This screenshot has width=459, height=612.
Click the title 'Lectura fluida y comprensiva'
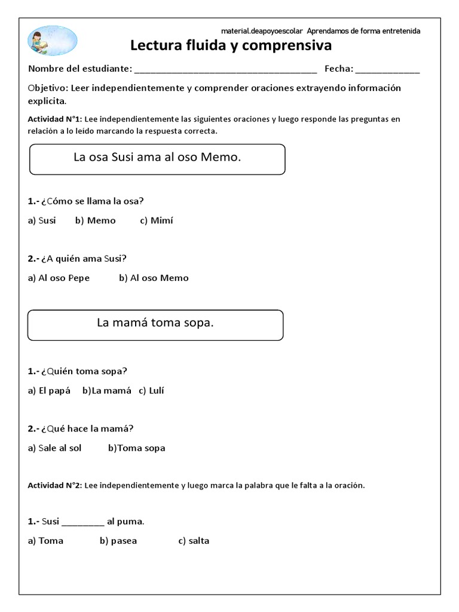[x=231, y=46]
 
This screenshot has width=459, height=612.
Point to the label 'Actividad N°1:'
[x=55, y=120]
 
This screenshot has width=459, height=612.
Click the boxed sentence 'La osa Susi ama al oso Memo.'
[x=157, y=158]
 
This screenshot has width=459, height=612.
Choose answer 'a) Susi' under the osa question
[x=42, y=221]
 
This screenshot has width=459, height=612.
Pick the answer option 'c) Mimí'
[x=157, y=221]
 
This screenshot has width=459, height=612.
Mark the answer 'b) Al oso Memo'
[x=154, y=278]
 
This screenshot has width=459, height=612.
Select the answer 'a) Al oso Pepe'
[x=59, y=278]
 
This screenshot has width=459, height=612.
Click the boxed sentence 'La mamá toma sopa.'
[x=155, y=323]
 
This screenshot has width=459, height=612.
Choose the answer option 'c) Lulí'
[x=151, y=391]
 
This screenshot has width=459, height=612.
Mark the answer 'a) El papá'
[x=49, y=391]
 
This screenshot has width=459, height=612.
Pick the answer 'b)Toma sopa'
[x=137, y=448]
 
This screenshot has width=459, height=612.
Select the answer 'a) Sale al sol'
[x=54, y=448]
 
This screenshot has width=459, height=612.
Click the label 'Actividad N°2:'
[x=55, y=486]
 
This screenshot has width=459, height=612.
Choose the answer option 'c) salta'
[x=194, y=541]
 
